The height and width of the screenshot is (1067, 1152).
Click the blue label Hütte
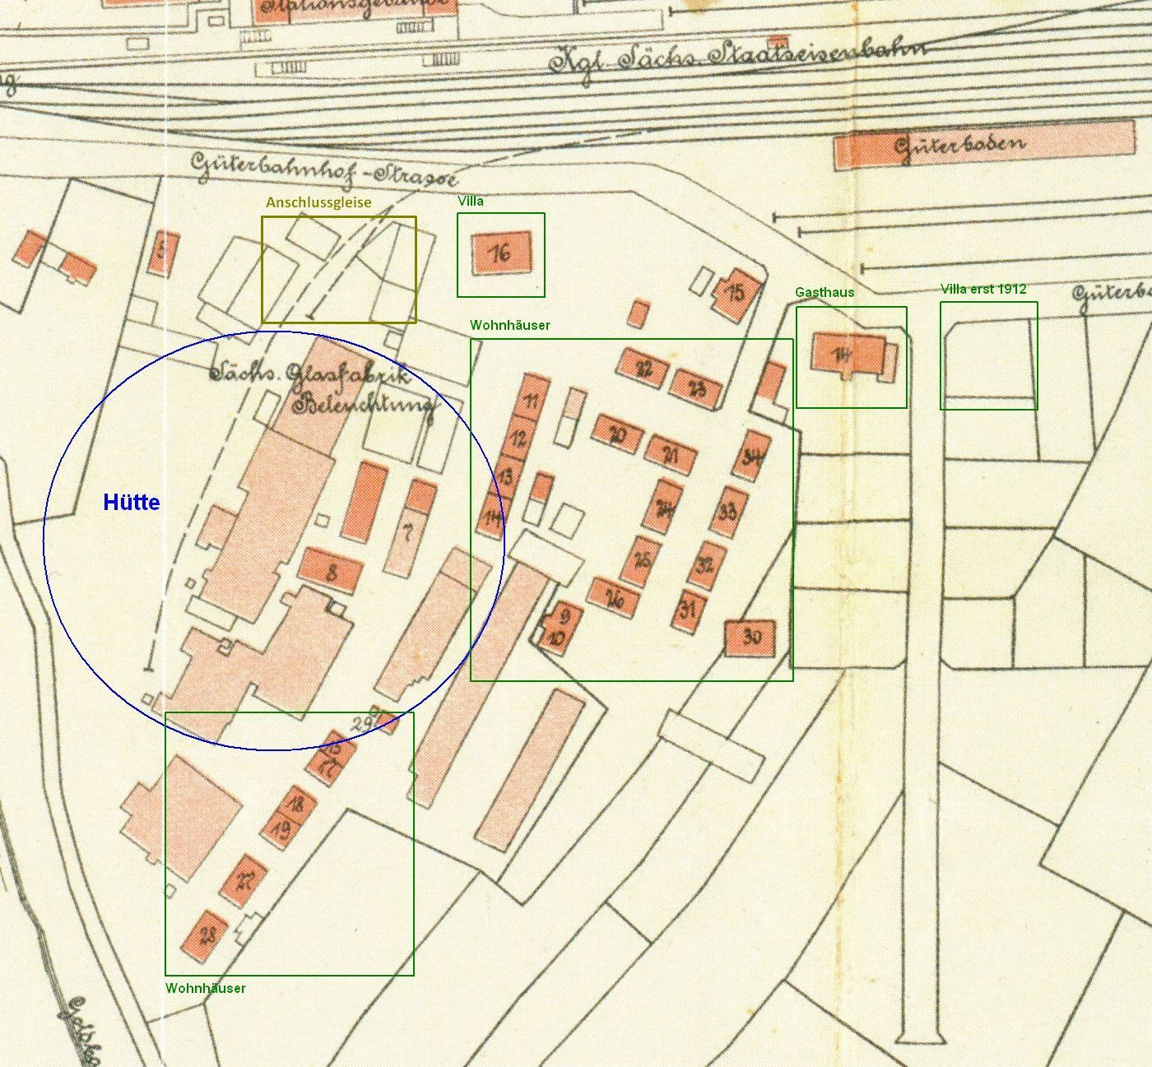[131, 503]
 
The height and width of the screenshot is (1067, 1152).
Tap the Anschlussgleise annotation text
[318, 202]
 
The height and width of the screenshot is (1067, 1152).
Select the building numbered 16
[501, 253]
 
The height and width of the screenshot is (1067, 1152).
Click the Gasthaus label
[824, 292]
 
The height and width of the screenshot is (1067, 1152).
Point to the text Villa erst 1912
[983, 289]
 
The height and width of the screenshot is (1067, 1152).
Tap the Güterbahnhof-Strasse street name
[323, 168]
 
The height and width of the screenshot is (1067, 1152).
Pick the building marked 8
[331, 570]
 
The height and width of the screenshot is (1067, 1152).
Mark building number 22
[643, 368]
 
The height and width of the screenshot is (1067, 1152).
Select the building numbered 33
[727, 512]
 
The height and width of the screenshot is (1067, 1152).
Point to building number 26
[614, 599]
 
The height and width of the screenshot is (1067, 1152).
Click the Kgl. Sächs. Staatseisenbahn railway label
[736, 56]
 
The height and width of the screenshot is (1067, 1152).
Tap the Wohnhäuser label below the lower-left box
[205, 988]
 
